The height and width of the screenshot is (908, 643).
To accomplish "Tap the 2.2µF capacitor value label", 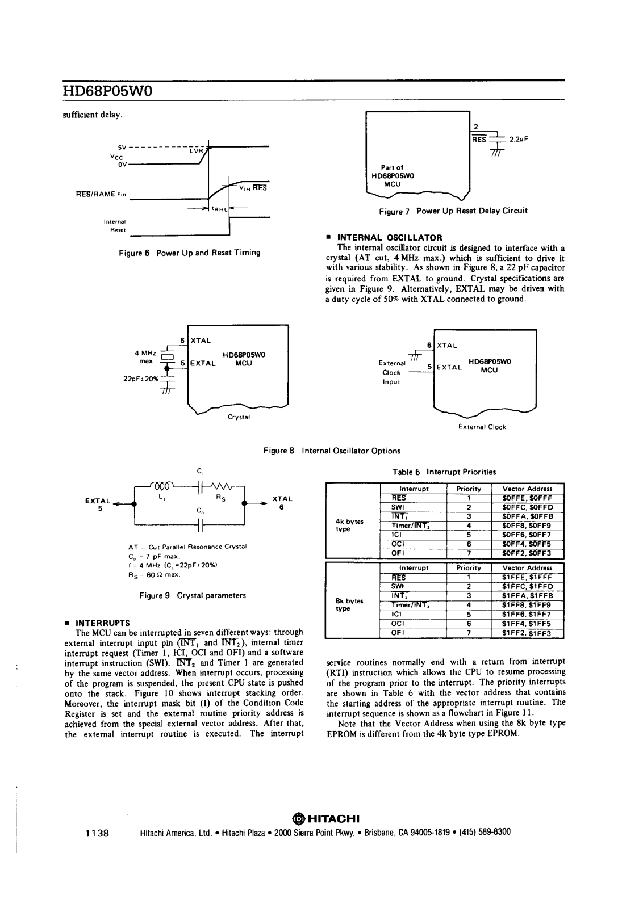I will click(x=519, y=138).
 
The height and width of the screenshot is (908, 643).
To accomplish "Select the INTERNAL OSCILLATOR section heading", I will click(x=390, y=237).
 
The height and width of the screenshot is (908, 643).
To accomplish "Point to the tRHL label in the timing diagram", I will click(x=219, y=209).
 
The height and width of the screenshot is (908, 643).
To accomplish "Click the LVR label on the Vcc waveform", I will click(x=196, y=151).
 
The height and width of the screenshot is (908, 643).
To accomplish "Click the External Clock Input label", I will click(x=391, y=372).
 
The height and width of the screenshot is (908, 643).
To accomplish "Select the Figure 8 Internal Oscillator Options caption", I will click(x=332, y=451).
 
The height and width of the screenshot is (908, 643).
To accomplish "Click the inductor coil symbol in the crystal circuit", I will click(x=162, y=485).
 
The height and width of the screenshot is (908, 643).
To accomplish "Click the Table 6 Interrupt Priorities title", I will click(x=444, y=472).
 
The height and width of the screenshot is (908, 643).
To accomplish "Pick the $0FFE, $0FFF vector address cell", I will click(x=527, y=498).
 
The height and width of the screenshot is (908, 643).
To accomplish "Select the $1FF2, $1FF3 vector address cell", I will click(x=527, y=633).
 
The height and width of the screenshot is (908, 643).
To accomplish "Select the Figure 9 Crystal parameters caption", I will click(x=193, y=595).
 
